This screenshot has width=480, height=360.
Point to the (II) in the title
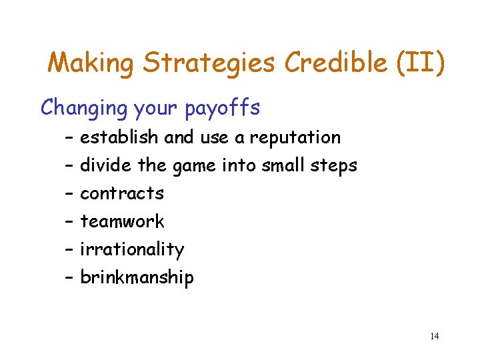click(419, 63)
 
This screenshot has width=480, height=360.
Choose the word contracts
click(122, 193)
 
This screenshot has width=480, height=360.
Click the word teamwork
click(122, 221)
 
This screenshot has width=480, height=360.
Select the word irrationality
click(132, 249)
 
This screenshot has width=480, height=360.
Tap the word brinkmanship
click(137, 277)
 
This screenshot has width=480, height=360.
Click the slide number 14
click(434, 336)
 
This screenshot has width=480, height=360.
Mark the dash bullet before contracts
click(69, 193)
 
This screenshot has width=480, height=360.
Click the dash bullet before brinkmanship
click(69, 277)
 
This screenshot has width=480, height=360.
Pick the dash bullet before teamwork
click(69, 221)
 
